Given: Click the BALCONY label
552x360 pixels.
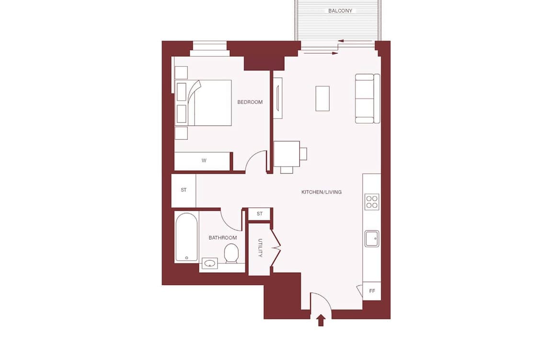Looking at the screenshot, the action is pyautogui.click(x=340, y=11).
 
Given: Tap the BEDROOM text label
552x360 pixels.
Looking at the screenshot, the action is pyautogui.click(x=250, y=102).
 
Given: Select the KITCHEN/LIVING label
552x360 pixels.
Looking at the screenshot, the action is pyautogui.click(x=322, y=192).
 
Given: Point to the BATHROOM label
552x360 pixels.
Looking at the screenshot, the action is pyautogui.click(x=222, y=238).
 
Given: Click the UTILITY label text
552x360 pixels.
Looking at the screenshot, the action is pyautogui.click(x=260, y=248).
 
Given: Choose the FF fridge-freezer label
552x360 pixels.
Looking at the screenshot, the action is pyautogui.click(x=372, y=291).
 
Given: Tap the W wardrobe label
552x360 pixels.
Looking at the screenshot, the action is pyautogui.click(x=204, y=161).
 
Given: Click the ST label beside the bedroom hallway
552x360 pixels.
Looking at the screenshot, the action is pyautogui.click(x=184, y=190).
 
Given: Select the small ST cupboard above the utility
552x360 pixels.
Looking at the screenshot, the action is pyautogui.click(x=260, y=214).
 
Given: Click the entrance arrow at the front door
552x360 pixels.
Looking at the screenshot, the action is pyautogui.click(x=321, y=321).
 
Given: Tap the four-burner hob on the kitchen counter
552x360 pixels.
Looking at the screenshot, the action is pyautogui.click(x=372, y=202).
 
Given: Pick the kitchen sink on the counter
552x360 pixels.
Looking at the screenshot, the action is pyautogui.click(x=372, y=239).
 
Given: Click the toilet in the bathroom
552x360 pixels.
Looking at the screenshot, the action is pyautogui.click(x=231, y=253).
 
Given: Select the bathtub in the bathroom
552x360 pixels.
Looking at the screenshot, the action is pyautogui.click(x=186, y=237).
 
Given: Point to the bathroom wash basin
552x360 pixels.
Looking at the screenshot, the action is pyautogui.click(x=210, y=263).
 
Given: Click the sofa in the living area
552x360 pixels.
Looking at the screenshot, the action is pyautogui.click(x=368, y=98).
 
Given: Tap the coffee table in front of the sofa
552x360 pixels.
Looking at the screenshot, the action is pyautogui.click(x=322, y=98).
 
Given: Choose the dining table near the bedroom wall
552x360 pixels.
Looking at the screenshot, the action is pyautogui.click(x=287, y=154).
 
